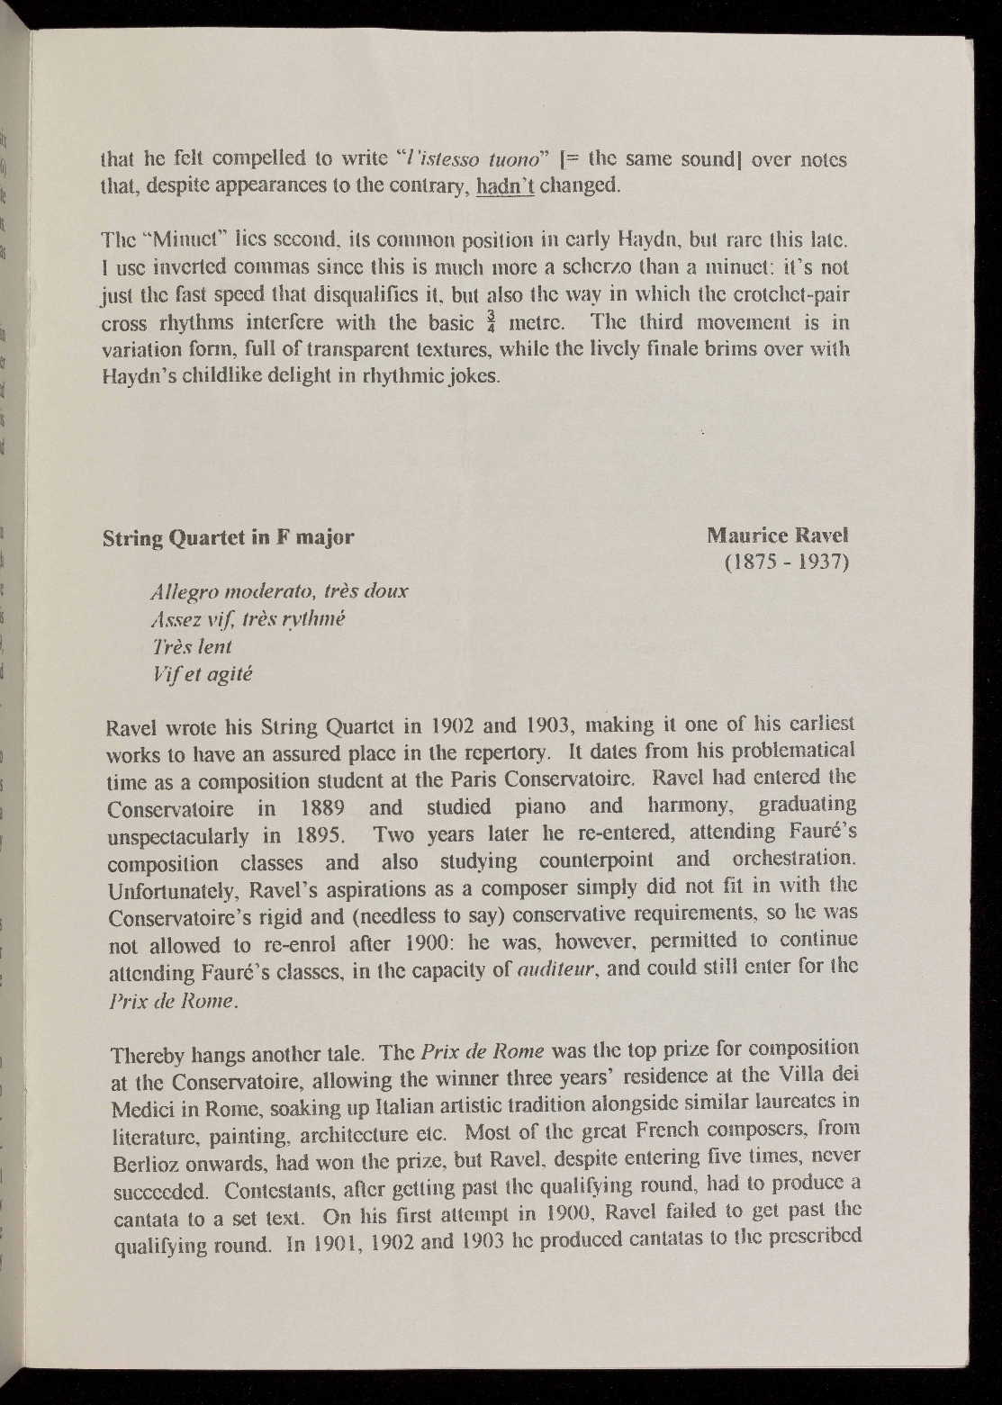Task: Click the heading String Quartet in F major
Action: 229,537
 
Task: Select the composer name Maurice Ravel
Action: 778,536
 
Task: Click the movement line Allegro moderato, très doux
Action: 280,592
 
